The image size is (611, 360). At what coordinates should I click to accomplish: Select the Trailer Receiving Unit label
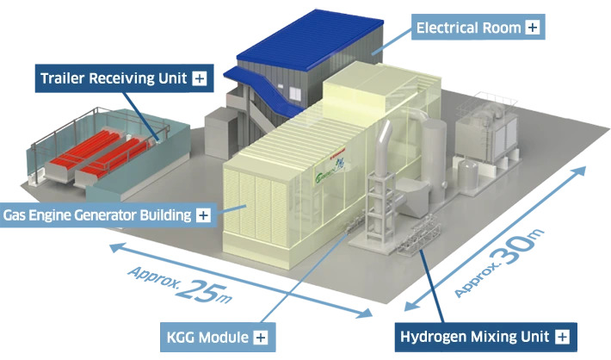click(113, 78)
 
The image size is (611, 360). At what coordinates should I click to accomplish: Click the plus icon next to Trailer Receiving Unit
click(199, 78)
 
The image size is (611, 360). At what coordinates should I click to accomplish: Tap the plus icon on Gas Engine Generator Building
click(202, 214)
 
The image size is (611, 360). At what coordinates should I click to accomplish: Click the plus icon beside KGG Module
click(260, 336)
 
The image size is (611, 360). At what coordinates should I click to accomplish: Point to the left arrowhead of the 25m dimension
click(114, 249)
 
